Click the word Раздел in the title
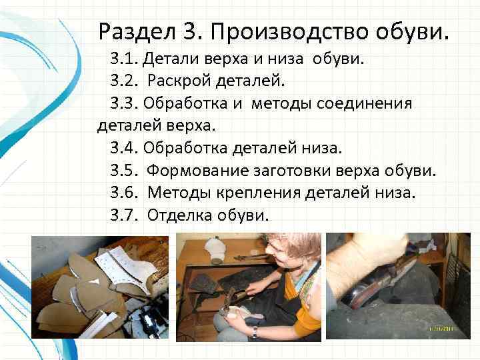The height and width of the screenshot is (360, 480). pyautogui.click(x=137, y=32)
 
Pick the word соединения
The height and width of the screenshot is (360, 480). pyautogui.click(x=364, y=104)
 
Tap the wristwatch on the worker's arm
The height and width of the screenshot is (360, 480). pyautogui.click(x=255, y=333)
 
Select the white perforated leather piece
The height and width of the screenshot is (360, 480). pyautogui.click(x=125, y=266)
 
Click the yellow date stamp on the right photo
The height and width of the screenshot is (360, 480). pyautogui.click(x=441, y=329)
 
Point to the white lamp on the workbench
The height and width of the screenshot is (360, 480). pyautogui.click(x=215, y=251)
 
